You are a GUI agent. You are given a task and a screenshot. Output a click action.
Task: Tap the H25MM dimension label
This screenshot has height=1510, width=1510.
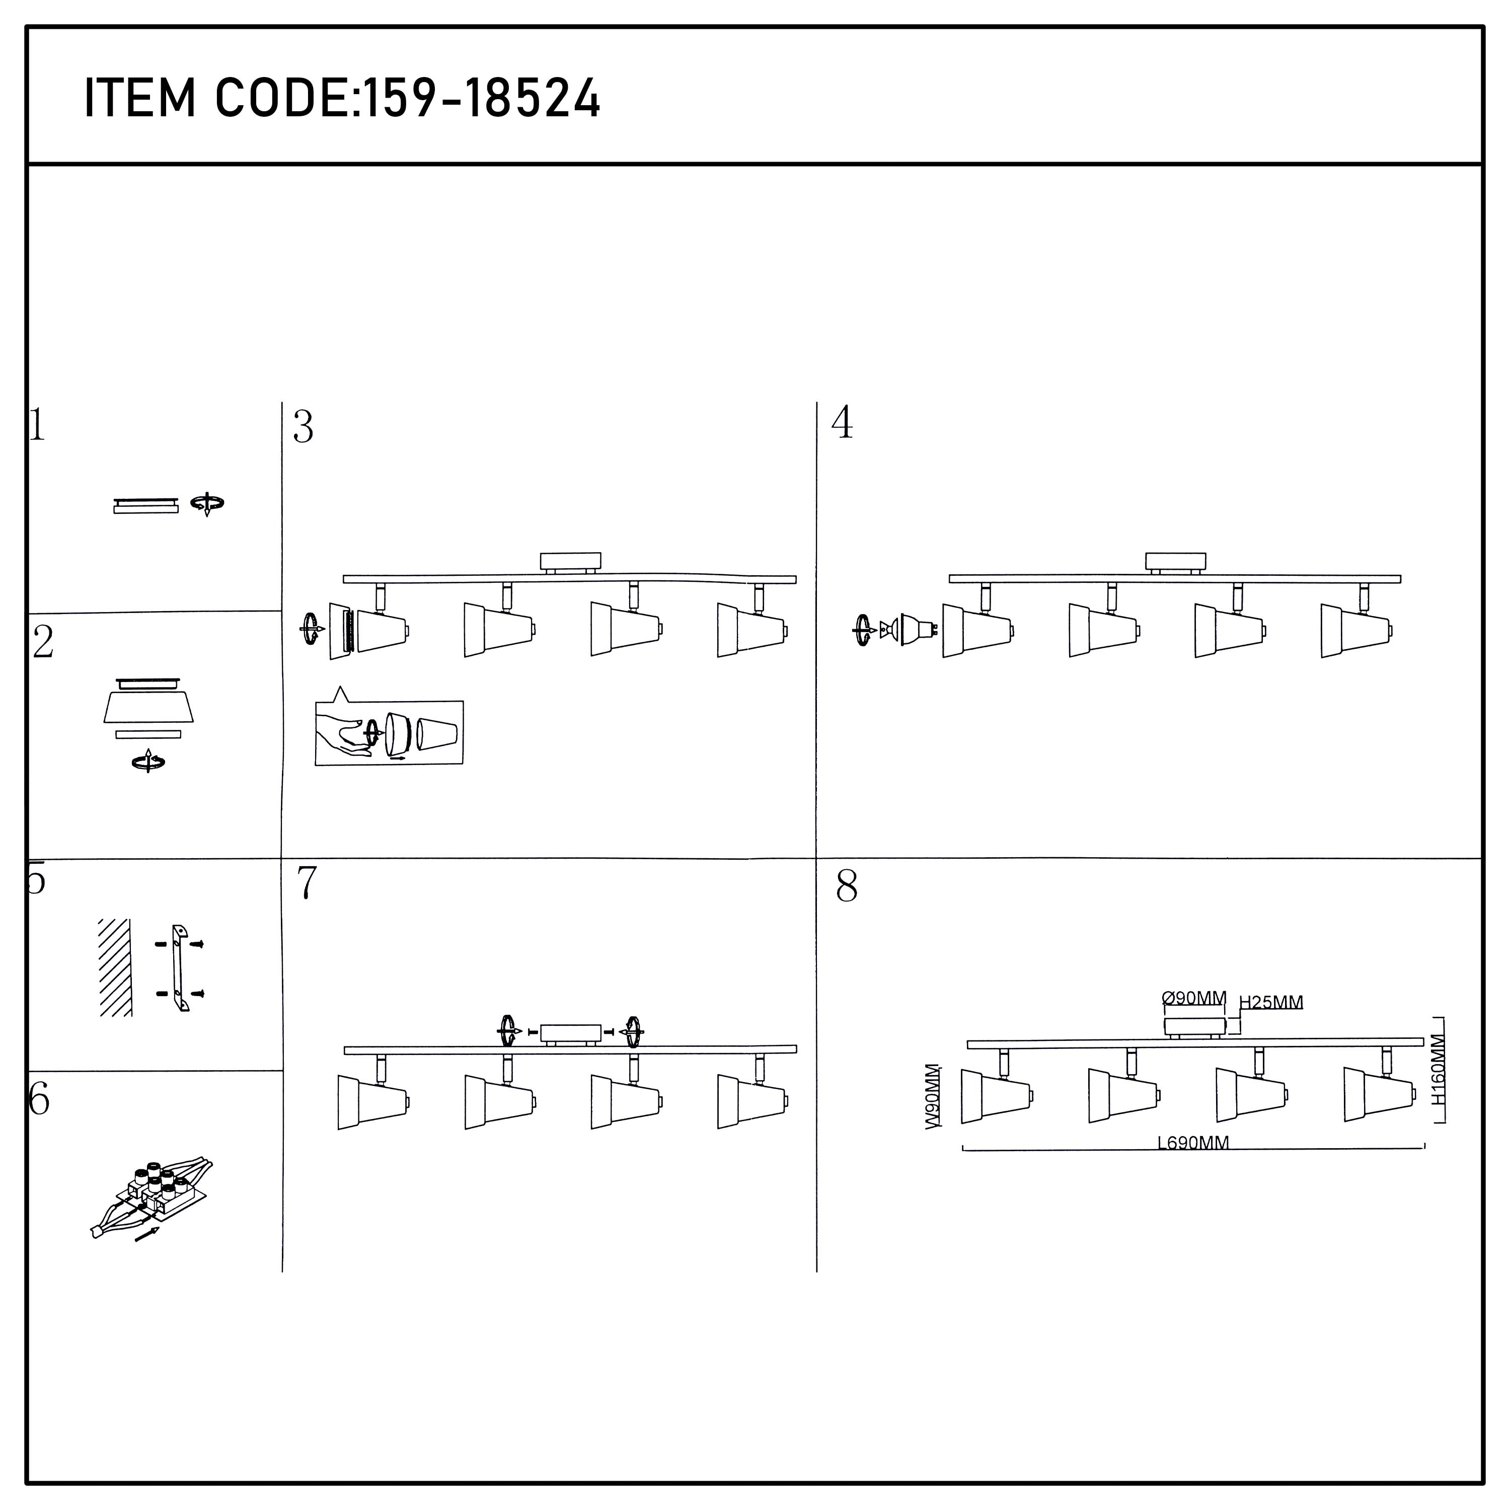coord(1271,1002)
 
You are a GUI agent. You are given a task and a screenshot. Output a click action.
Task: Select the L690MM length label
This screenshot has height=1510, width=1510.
coord(1193,1143)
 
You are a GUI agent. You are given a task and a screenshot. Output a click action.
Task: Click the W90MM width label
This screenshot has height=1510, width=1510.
coord(932,1096)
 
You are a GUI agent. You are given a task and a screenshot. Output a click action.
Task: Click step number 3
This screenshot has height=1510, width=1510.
coord(303,427)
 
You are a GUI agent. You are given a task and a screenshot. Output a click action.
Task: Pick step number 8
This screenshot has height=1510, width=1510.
coord(847,886)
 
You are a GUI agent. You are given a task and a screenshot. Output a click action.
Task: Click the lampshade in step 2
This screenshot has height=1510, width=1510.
coord(148,707)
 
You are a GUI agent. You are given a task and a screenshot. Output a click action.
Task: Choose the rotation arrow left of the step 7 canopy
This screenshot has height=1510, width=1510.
coord(509,1032)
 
